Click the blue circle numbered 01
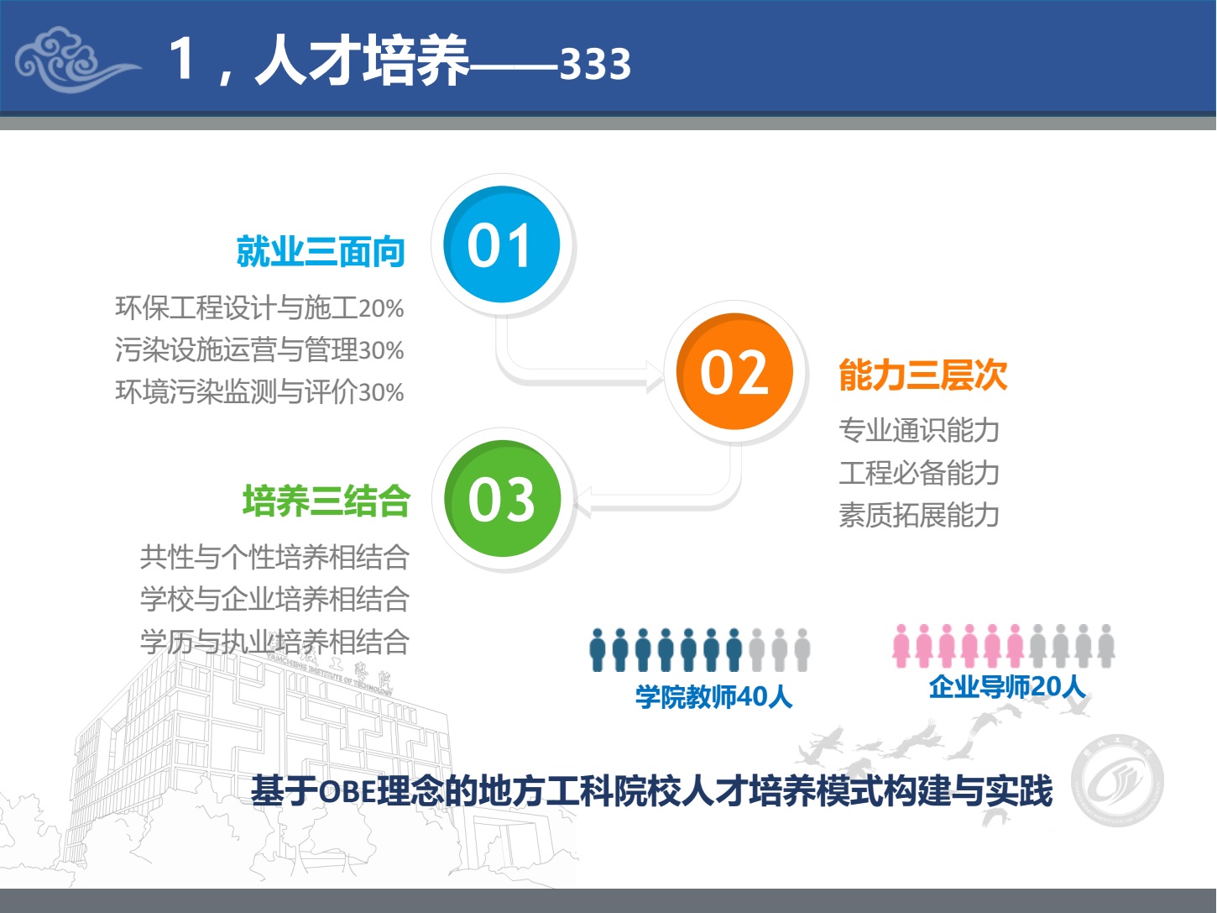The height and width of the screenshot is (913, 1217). [502, 244]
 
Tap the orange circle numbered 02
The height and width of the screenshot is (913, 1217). [734, 371]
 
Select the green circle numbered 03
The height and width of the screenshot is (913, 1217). [502, 498]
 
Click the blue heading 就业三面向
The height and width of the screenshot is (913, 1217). [321, 252]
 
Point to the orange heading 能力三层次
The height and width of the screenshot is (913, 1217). [923, 375]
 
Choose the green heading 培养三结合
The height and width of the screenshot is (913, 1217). [326, 501]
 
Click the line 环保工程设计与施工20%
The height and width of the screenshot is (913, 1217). [259, 308]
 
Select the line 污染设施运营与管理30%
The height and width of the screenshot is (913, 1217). [259, 350]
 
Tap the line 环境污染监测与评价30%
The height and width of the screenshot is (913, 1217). [259, 392]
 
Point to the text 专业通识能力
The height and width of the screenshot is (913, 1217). [919, 430]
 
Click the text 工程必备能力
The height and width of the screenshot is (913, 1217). [919, 473]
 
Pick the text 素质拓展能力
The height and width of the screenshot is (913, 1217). [919, 515]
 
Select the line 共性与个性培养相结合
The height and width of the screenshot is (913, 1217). [275, 557]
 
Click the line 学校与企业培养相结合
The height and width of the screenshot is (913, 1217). [275, 599]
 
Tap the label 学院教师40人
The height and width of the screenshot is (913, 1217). [714, 697]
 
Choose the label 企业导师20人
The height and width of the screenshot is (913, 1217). [1007, 687]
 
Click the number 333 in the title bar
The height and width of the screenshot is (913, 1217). [595, 64]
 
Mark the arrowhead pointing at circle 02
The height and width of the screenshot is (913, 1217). [656, 376]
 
